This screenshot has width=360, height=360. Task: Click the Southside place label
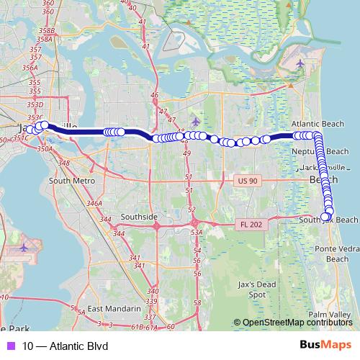pyautogui.click(x=138, y=216)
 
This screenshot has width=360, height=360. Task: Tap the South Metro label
pyautogui.click(x=73, y=181)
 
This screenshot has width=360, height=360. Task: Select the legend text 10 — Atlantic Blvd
pyautogui.click(x=65, y=346)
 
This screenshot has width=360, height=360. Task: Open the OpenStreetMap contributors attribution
pyautogui.click(x=297, y=323)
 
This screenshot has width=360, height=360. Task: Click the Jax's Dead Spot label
pyautogui.click(x=257, y=289)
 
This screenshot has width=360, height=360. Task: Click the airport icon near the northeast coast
pyautogui.click(x=300, y=63)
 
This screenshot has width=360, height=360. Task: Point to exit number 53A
pyautogui.click(x=196, y=233)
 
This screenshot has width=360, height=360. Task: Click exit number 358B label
pyautogui.click(x=48, y=31)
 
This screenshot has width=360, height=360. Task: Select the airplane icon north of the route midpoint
pyautogui.click(x=196, y=120)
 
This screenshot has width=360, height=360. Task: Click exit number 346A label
pyautogui.click(x=94, y=204)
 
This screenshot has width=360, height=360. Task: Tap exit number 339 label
pyautogui.click(x=150, y=300)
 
